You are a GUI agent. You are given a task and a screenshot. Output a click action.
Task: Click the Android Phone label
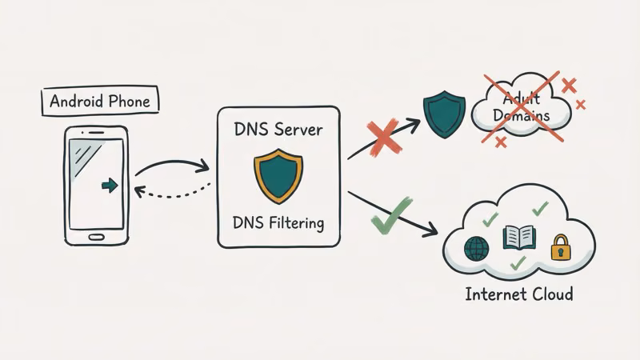(99, 102)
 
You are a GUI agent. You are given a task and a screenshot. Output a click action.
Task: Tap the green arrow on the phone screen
(110, 185)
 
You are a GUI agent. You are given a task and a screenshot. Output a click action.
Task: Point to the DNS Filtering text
(279, 222)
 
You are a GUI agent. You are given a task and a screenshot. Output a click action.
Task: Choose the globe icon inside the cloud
(477, 247)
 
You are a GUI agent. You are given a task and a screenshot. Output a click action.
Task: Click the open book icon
(518, 238)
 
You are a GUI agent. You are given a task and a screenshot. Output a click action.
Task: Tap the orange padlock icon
(559, 249)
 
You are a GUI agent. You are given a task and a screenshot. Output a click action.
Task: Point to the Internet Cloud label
(519, 294)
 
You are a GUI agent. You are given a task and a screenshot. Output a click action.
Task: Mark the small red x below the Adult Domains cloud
(501, 142)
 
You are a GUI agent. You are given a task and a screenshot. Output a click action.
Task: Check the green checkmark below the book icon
(518, 262)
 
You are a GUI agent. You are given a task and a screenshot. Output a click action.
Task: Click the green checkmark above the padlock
(542, 209)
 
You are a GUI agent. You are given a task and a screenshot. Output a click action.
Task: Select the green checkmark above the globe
(490, 218)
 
